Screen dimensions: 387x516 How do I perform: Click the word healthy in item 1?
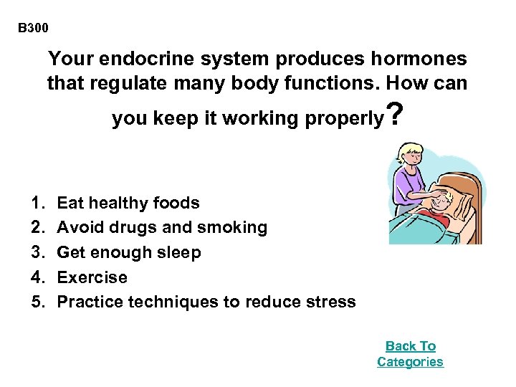click(115, 204)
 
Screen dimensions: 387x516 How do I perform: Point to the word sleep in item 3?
click(182, 253)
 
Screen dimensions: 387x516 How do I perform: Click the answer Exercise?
click(92, 277)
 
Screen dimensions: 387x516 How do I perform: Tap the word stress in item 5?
click(332, 302)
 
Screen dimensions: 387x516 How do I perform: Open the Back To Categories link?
click(410, 354)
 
